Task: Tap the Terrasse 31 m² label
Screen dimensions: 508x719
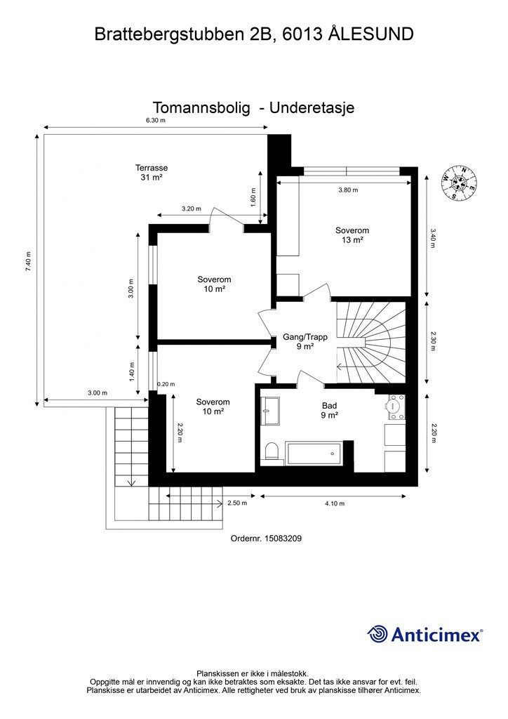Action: pos(151,173)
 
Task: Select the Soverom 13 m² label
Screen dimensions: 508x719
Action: pos(352,235)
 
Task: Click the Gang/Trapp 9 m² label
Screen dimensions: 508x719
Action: pos(305,342)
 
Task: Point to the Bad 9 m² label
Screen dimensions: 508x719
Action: pos(329,410)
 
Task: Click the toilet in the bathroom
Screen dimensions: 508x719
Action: pos(271,451)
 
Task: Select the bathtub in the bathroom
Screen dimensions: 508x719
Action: pos(314,453)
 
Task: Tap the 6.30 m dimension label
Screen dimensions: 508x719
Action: pos(155,121)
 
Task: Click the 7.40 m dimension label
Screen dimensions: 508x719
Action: pos(28,262)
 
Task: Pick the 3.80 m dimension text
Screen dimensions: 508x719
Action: pos(348,190)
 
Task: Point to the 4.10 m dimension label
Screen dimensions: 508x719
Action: pos(335,503)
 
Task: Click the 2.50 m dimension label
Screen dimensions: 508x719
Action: pos(237,503)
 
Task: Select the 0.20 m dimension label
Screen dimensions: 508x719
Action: pos(166,384)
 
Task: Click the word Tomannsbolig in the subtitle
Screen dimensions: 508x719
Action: pos(201,108)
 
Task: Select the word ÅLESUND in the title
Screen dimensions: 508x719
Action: pos(371,34)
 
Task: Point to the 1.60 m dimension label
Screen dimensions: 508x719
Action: pos(253,197)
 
